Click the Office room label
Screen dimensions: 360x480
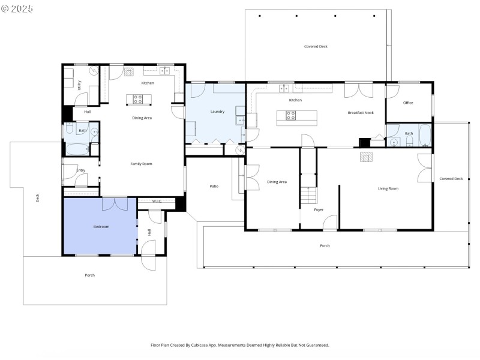[x=408, y=103]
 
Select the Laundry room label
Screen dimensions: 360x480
[x=217, y=112]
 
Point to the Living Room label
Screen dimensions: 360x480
[x=388, y=188]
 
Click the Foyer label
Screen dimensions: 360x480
[x=319, y=209]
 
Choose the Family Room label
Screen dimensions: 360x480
[x=142, y=164]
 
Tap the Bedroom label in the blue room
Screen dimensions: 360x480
[x=101, y=226]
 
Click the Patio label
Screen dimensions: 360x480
[x=214, y=186]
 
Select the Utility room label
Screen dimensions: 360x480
[x=79, y=85]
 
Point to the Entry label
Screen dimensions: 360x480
[x=81, y=170]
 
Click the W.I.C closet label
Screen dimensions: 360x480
[x=157, y=201]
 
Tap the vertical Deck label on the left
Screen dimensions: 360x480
[x=37, y=196]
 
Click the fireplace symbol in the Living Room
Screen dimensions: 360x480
[x=366, y=157]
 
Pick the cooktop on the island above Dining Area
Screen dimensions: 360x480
[x=137, y=99]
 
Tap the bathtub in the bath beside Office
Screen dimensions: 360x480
[x=425, y=135]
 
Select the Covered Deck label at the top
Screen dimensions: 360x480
[x=316, y=46]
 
